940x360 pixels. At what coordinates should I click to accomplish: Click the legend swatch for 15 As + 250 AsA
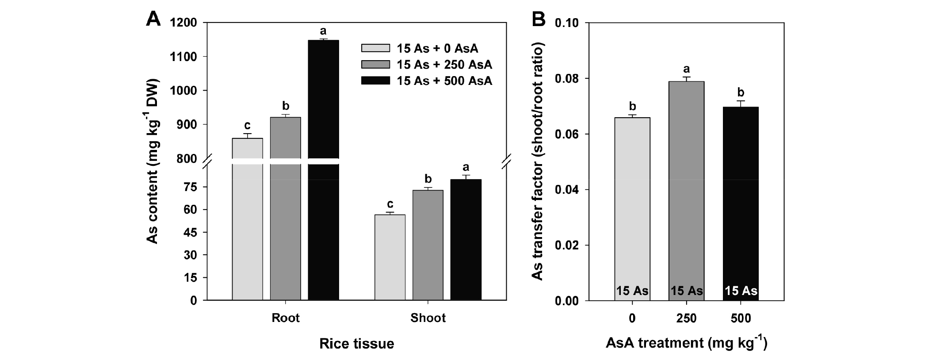pyautogui.click(x=375, y=65)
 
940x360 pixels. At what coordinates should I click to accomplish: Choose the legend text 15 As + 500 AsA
pyautogui.click(x=444, y=81)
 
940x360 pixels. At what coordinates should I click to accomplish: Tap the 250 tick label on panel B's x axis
pyautogui.click(x=686, y=318)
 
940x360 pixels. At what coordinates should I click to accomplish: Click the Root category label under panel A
pyautogui.click(x=286, y=318)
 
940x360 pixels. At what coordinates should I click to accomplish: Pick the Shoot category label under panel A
pyautogui.click(x=428, y=318)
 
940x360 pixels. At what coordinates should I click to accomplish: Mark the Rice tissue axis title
pyautogui.click(x=356, y=344)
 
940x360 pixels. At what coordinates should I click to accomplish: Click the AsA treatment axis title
pyautogui.click(x=686, y=343)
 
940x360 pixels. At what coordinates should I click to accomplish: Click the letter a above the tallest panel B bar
pyautogui.click(x=687, y=69)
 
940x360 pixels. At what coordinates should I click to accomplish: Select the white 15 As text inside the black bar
pyautogui.click(x=741, y=291)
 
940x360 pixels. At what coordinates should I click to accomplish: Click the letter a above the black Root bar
pyautogui.click(x=323, y=31)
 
